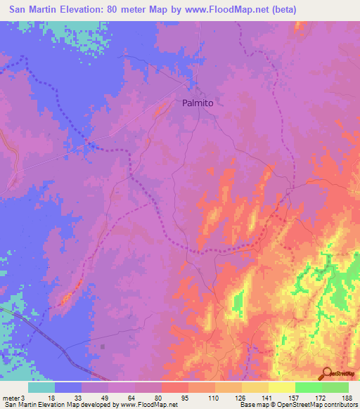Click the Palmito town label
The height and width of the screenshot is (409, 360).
coord(198,102)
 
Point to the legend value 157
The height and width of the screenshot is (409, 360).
coord(295,397)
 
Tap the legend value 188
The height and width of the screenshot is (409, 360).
coord(347,397)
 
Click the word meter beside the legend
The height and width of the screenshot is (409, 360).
coord(11,397)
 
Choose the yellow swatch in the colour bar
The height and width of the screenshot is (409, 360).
coord(282,387)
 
